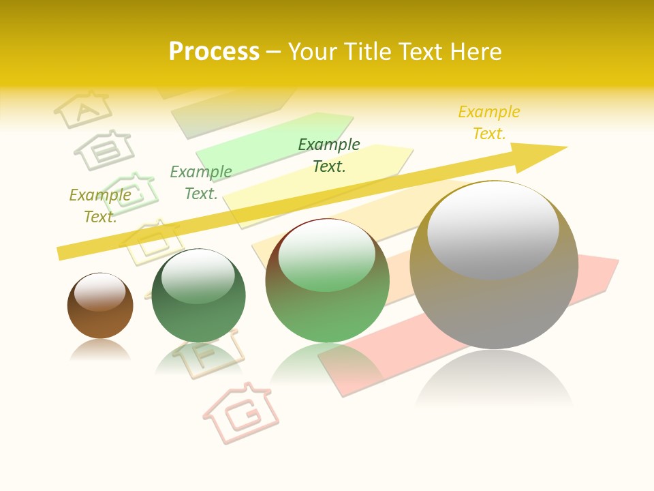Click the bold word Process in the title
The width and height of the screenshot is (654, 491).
click(214, 52)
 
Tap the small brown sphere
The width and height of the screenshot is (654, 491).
click(100, 306)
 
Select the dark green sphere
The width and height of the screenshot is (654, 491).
click(198, 297)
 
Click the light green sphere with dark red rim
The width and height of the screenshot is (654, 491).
click(327, 281)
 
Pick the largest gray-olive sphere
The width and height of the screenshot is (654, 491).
click(494, 266)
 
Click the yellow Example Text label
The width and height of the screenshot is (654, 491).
click(489, 123)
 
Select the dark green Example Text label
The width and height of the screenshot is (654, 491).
click(329, 155)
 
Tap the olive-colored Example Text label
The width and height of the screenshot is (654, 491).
click(100, 206)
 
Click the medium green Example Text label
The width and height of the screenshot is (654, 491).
click(201, 183)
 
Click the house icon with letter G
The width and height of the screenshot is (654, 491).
click(242, 411)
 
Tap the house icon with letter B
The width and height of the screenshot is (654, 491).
click(104, 149)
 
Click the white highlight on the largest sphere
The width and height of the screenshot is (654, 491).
click(493, 230)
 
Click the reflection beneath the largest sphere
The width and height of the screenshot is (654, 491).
click(494, 382)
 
